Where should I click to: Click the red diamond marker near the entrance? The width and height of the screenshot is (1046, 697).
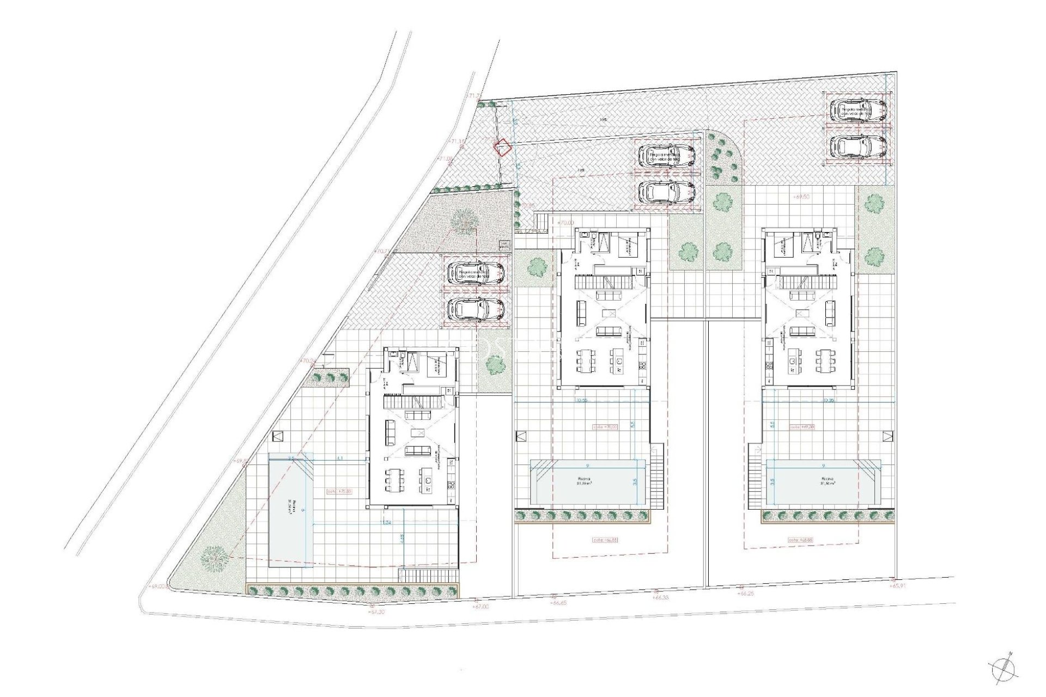click(502, 147)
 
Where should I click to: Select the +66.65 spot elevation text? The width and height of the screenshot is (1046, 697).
click(558, 603)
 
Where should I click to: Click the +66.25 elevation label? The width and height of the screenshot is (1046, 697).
click(745, 594)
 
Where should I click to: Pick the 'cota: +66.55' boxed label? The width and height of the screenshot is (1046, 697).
click(605, 540)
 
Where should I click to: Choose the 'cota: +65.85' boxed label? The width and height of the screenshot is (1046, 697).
click(800, 540)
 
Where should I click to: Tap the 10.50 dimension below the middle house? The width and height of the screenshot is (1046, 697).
click(582, 400)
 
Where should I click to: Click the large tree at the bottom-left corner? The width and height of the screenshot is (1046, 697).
click(214, 559)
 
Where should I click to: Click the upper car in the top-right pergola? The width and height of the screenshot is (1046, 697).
click(857, 111)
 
